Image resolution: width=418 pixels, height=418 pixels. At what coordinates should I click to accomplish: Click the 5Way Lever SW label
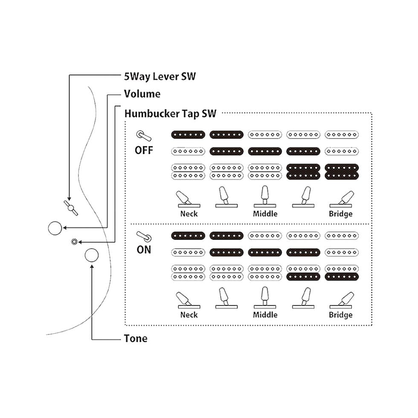click(x=160, y=76)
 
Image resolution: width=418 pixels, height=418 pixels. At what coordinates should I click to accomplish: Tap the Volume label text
click(x=142, y=94)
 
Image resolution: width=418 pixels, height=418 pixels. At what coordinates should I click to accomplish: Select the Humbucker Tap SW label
click(x=170, y=113)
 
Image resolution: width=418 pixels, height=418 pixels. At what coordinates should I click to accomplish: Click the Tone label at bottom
click(x=136, y=339)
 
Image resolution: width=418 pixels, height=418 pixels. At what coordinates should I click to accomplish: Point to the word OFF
click(x=144, y=151)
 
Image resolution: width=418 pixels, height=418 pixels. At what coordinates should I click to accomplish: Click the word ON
click(x=144, y=250)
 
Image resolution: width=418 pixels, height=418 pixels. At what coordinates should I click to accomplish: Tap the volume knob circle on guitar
click(x=55, y=228)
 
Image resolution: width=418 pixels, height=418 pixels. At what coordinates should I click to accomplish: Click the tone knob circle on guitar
click(x=92, y=255)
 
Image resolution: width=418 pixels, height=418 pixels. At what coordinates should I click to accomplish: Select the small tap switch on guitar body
click(x=75, y=242)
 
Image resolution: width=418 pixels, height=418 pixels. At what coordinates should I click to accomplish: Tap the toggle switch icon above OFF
click(x=144, y=136)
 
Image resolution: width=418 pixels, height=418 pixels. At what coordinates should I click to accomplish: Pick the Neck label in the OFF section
click(x=189, y=213)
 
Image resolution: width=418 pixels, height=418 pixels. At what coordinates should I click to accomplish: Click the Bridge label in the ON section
click(x=340, y=315)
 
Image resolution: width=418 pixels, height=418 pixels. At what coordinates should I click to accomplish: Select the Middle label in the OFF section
click(x=265, y=213)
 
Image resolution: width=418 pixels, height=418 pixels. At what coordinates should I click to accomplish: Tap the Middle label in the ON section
click(x=265, y=315)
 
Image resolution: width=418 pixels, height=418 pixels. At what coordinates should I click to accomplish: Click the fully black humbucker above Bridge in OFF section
click(x=341, y=171)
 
